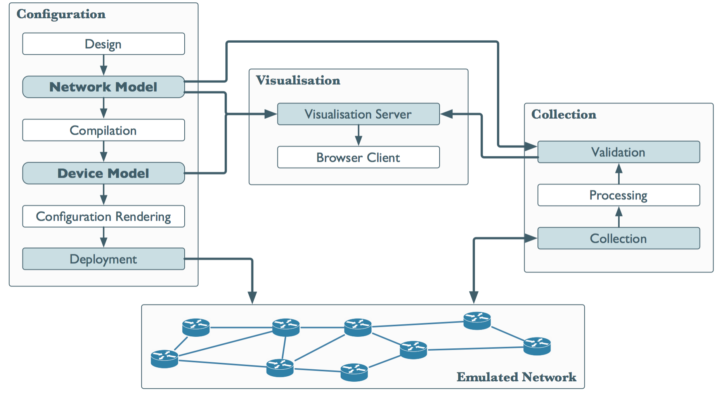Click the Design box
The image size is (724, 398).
103,44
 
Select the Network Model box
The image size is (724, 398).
103,87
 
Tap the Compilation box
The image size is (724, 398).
103,130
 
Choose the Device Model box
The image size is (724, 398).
103,173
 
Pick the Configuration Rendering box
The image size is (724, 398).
103,216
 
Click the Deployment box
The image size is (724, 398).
103,259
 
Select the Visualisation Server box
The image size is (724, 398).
358,114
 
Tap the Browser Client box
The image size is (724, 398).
358,157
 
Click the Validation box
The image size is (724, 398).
618,152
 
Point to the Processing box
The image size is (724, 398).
618,195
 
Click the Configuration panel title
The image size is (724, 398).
61,14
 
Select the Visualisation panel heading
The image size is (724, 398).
298,80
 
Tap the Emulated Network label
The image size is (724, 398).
516,377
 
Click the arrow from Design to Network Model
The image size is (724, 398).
104,65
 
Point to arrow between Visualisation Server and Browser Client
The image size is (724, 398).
359,135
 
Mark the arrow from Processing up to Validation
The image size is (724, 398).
619,173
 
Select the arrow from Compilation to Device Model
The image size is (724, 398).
104,151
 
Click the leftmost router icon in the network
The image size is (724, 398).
165,359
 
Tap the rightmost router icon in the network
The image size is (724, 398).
537,346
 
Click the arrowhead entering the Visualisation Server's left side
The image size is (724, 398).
270,114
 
